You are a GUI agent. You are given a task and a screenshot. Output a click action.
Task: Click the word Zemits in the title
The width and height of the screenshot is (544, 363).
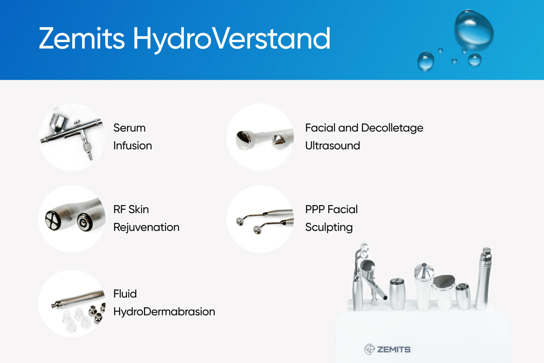coord(82,38)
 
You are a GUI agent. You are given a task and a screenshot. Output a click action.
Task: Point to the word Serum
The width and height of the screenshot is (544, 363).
coord(129,128)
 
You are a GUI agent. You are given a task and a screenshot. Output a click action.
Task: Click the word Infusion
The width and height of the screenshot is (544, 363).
coord(132,146)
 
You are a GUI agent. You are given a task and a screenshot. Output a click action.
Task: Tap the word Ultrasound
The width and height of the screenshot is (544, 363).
coord(332,146)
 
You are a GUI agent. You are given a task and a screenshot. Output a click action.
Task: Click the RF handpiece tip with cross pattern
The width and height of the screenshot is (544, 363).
coord(53,219)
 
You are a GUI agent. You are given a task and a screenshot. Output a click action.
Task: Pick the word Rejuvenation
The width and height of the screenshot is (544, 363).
coord(146,227)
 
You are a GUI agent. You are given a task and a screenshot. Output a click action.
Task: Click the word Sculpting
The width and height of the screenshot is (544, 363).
coord(329,227)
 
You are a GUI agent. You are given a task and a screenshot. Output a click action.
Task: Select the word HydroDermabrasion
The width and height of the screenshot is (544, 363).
coord(164,311)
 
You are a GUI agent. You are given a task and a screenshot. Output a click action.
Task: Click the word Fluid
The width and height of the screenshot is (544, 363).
coord(125,294)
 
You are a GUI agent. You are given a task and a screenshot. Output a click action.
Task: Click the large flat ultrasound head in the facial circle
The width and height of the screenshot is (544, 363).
coord(243,140)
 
